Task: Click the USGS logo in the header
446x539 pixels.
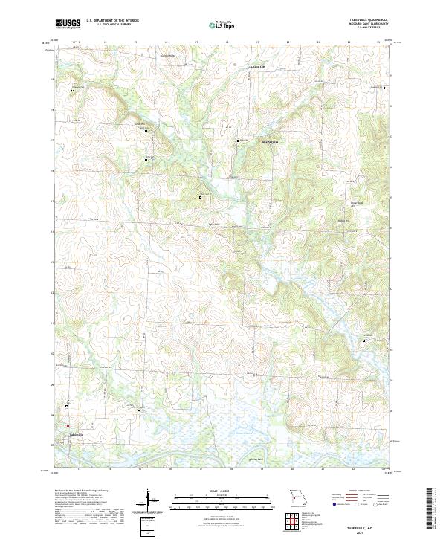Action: tap(68, 24)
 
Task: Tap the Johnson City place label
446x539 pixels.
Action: tap(256, 68)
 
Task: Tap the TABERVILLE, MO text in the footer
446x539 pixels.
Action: tap(360, 524)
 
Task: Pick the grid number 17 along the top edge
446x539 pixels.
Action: tap(196, 42)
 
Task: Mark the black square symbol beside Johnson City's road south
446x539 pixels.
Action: tap(238, 140)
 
